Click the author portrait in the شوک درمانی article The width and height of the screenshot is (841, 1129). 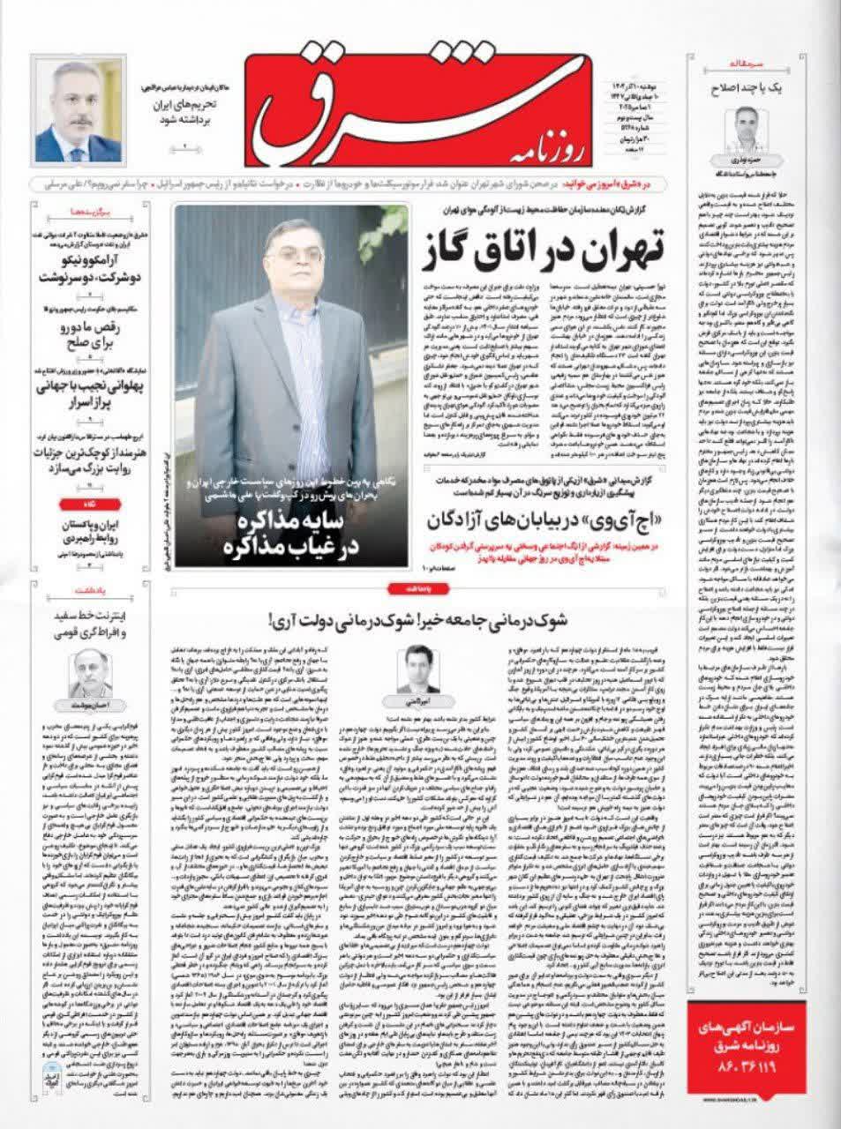pyautogui.click(x=420, y=669)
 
